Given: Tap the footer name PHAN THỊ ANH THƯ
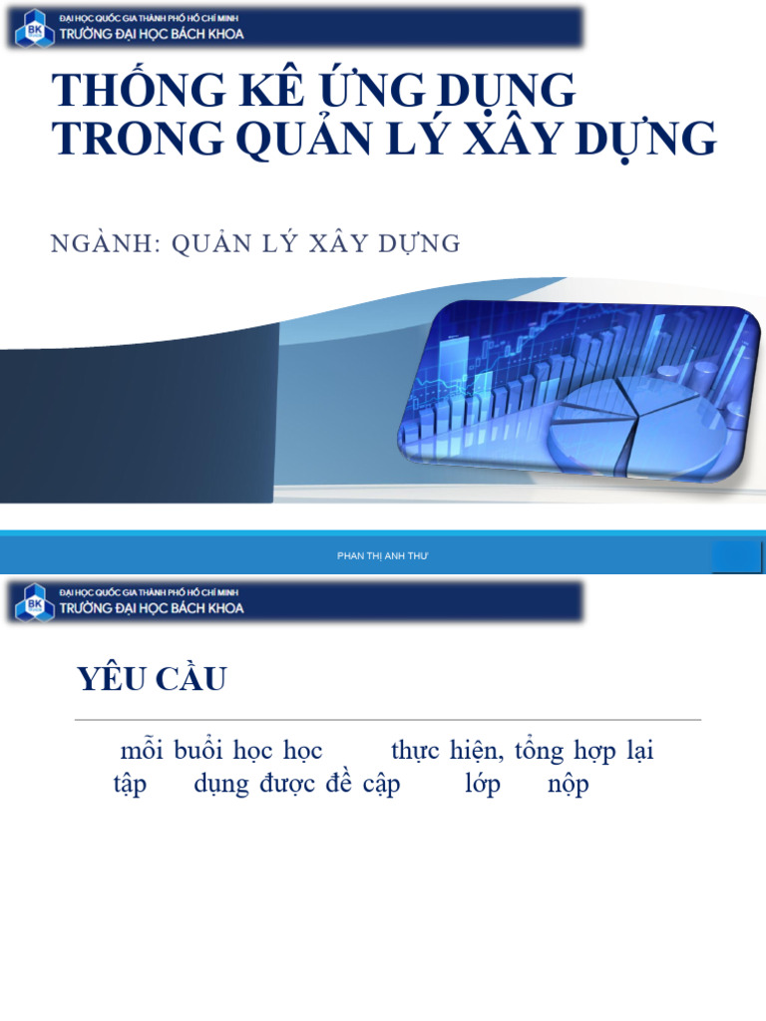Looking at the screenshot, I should point(382,555).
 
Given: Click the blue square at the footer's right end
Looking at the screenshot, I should point(737,557).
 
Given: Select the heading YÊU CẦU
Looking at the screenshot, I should point(152,680).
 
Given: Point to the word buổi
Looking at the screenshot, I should point(196,751).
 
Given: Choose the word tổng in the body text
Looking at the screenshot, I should point(539,751).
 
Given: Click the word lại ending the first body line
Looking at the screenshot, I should point(640,751).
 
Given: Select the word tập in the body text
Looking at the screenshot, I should point(130,785).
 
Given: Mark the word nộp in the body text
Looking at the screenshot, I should point(569,785).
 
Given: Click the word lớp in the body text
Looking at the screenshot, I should point(483,785).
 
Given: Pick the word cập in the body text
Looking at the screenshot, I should point(381,785).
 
